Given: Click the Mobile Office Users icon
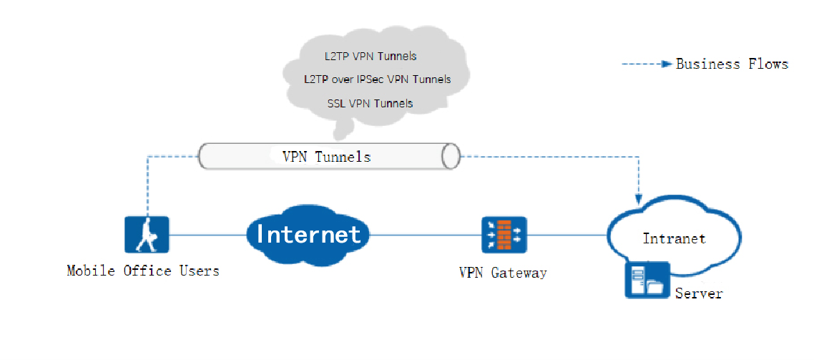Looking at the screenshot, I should [147, 234].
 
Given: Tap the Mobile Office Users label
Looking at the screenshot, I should [143, 271].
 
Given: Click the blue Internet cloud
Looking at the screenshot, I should [308, 234].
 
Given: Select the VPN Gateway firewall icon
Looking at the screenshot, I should [504, 234].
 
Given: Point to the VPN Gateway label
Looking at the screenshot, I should [503, 273].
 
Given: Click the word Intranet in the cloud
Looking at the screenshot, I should [674, 238].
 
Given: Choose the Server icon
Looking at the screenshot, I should [647, 280].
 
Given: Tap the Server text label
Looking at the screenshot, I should [699, 293].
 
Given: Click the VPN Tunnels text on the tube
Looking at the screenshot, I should [326, 156].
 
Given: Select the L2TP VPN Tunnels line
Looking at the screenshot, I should [370, 56].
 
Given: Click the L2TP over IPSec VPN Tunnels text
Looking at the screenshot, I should [377, 79].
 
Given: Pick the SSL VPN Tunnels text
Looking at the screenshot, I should [370, 103].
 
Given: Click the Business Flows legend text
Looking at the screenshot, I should [732, 64].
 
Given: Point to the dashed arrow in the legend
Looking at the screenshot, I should [647, 64].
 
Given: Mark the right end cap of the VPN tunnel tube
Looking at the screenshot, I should [451, 155].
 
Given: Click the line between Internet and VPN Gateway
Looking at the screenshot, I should [426, 234].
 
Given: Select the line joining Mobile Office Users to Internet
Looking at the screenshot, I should [207, 234].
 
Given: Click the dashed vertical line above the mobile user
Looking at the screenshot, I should [147, 186].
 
